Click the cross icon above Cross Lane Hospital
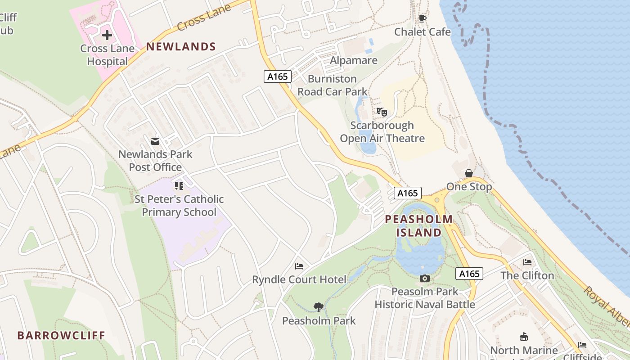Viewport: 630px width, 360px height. click(107, 35)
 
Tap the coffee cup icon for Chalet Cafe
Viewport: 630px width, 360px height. click(422, 18)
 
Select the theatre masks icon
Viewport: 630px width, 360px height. click(382, 112)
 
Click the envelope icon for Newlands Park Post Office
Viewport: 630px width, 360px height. click(155, 141)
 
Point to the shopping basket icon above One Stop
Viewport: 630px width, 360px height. click(469, 173)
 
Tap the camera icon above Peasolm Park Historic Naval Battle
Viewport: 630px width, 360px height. click(424, 279)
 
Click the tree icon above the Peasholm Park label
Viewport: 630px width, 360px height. click(319, 307)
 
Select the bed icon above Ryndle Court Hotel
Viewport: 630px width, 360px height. click(299, 266)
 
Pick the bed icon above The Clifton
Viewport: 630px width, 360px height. click(527, 262)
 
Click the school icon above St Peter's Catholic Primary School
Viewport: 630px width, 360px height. click(179, 186)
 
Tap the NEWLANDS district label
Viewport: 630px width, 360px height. click(181, 46)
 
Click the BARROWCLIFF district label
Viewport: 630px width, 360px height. click(61, 335)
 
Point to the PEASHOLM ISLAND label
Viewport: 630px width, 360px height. click(418, 226)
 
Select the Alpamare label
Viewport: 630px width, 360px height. click(354, 60)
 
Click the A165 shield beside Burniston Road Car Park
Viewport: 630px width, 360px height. click(277, 76)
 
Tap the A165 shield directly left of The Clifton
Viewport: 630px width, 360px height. click(469, 274)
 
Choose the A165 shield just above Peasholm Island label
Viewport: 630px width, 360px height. click(408, 193)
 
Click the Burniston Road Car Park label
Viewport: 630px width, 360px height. click(332, 85)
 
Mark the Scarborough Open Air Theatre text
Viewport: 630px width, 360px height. click(382, 132)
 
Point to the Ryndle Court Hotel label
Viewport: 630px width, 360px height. click(299, 279)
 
